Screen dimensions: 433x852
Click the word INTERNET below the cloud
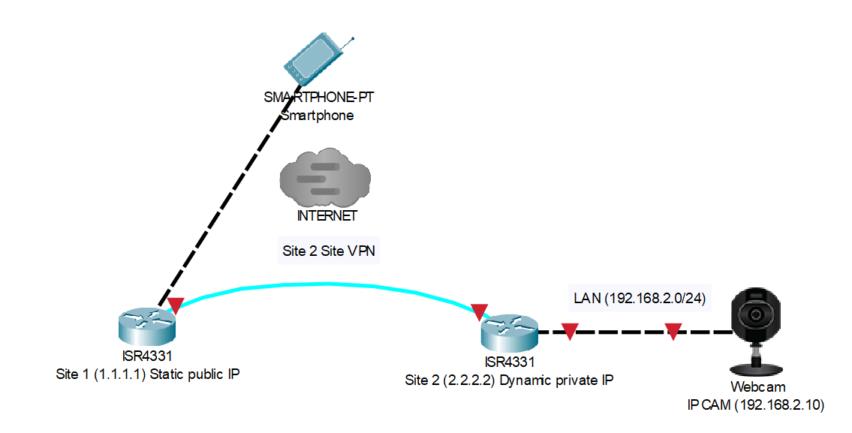[327, 216]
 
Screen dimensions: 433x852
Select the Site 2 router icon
[510, 330]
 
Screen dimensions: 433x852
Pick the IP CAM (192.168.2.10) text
[756, 405]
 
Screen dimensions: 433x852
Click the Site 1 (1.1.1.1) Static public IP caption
[148, 373]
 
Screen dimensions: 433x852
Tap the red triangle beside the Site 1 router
[176, 305]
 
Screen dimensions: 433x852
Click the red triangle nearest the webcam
[673, 331]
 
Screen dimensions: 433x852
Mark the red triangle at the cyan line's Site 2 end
[479, 311]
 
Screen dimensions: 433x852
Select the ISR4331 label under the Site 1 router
[147, 356]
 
